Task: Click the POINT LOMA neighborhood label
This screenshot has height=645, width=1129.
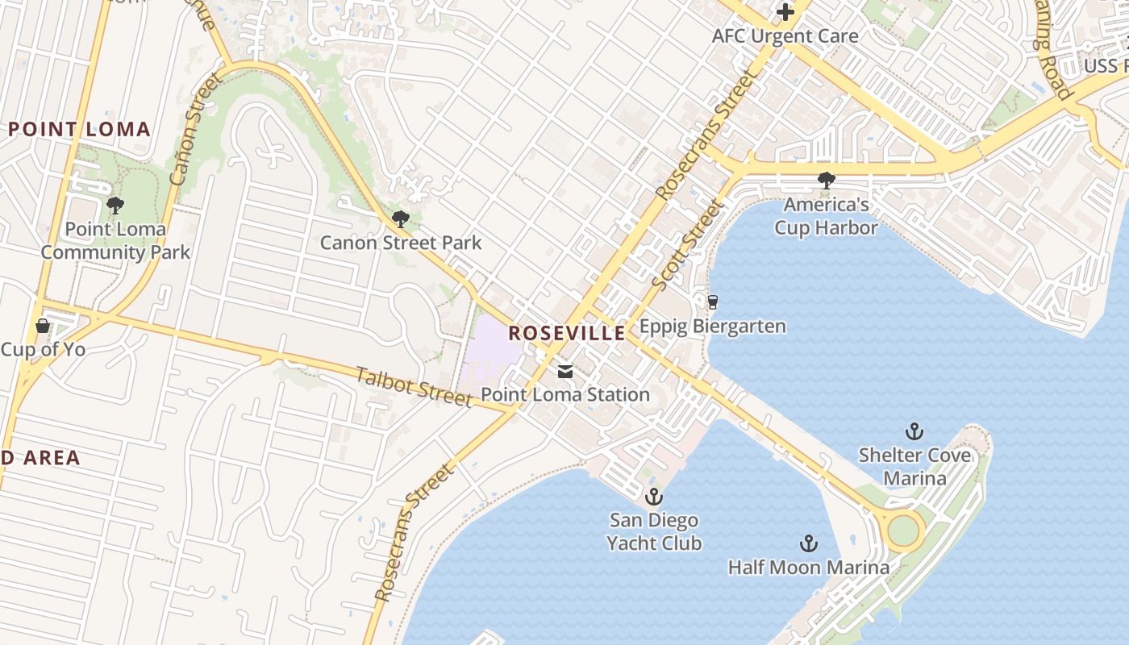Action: coord(80,129)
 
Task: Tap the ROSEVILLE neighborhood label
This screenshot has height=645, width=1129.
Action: coord(566,333)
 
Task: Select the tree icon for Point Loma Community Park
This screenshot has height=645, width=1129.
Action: coord(115,206)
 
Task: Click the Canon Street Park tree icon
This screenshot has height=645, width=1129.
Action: coord(400,218)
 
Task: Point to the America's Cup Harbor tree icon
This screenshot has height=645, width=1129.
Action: coord(826,181)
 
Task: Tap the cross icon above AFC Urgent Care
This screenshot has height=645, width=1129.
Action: coord(785,12)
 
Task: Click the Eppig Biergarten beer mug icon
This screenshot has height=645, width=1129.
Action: coord(712,302)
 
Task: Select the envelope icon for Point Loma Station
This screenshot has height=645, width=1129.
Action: coord(565,372)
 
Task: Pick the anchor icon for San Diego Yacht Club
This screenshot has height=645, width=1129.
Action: coord(653,496)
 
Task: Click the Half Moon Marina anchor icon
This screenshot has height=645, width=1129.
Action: coord(808,543)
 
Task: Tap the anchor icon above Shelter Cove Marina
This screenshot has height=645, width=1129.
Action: coord(914,431)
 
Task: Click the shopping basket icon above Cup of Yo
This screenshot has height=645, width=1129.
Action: coord(43,326)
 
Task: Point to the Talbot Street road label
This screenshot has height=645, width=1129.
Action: coord(414,387)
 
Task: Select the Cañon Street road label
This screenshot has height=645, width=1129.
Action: coord(185,129)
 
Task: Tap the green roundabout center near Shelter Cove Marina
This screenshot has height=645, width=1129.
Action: coord(903,530)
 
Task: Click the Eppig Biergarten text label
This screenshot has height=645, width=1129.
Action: coord(712,327)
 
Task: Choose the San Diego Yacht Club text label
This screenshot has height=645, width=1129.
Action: coord(654,532)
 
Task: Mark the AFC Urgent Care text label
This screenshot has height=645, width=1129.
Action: coord(785,36)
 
